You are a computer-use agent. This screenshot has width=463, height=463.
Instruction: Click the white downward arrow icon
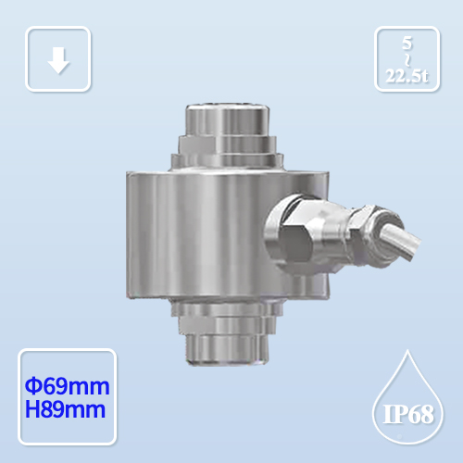(x=58, y=60)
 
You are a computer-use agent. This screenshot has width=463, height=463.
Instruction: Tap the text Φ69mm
(x=66, y=383)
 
